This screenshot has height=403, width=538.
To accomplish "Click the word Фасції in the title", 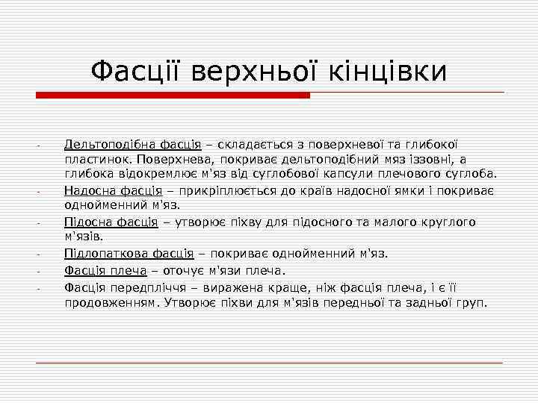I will pyautogui.click(x=137, y=72).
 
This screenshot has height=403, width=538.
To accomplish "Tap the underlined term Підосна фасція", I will pyautogui.click(x=111, y=222).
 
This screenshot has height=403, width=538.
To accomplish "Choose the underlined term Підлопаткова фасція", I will pyautogui.click(x=129, y=253).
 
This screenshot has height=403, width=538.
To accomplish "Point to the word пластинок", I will pyautogui.click(x=93, y=159).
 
